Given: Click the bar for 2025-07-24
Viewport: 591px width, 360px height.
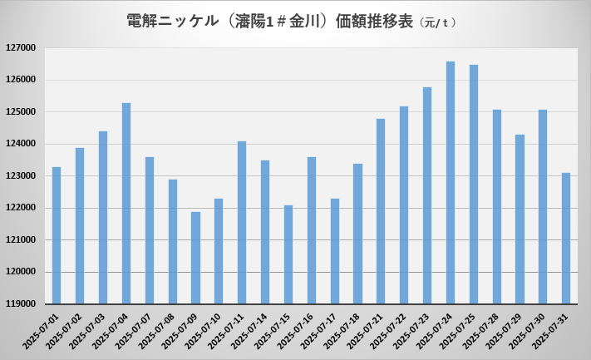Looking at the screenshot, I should pos(451,182).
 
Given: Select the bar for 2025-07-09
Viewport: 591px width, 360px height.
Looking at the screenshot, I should pos(195,258).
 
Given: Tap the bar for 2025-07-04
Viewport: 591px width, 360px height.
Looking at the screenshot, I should pos(126,203).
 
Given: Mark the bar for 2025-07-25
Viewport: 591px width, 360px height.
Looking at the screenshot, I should pos(474,184).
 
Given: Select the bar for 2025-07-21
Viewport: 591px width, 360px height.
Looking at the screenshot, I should pos(381,211).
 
